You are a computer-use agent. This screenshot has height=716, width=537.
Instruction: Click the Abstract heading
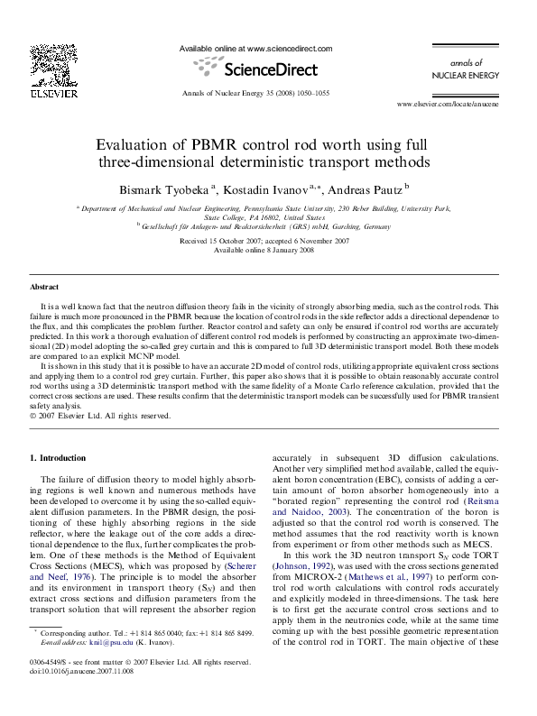pyautogui.click(x=44, y=286)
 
